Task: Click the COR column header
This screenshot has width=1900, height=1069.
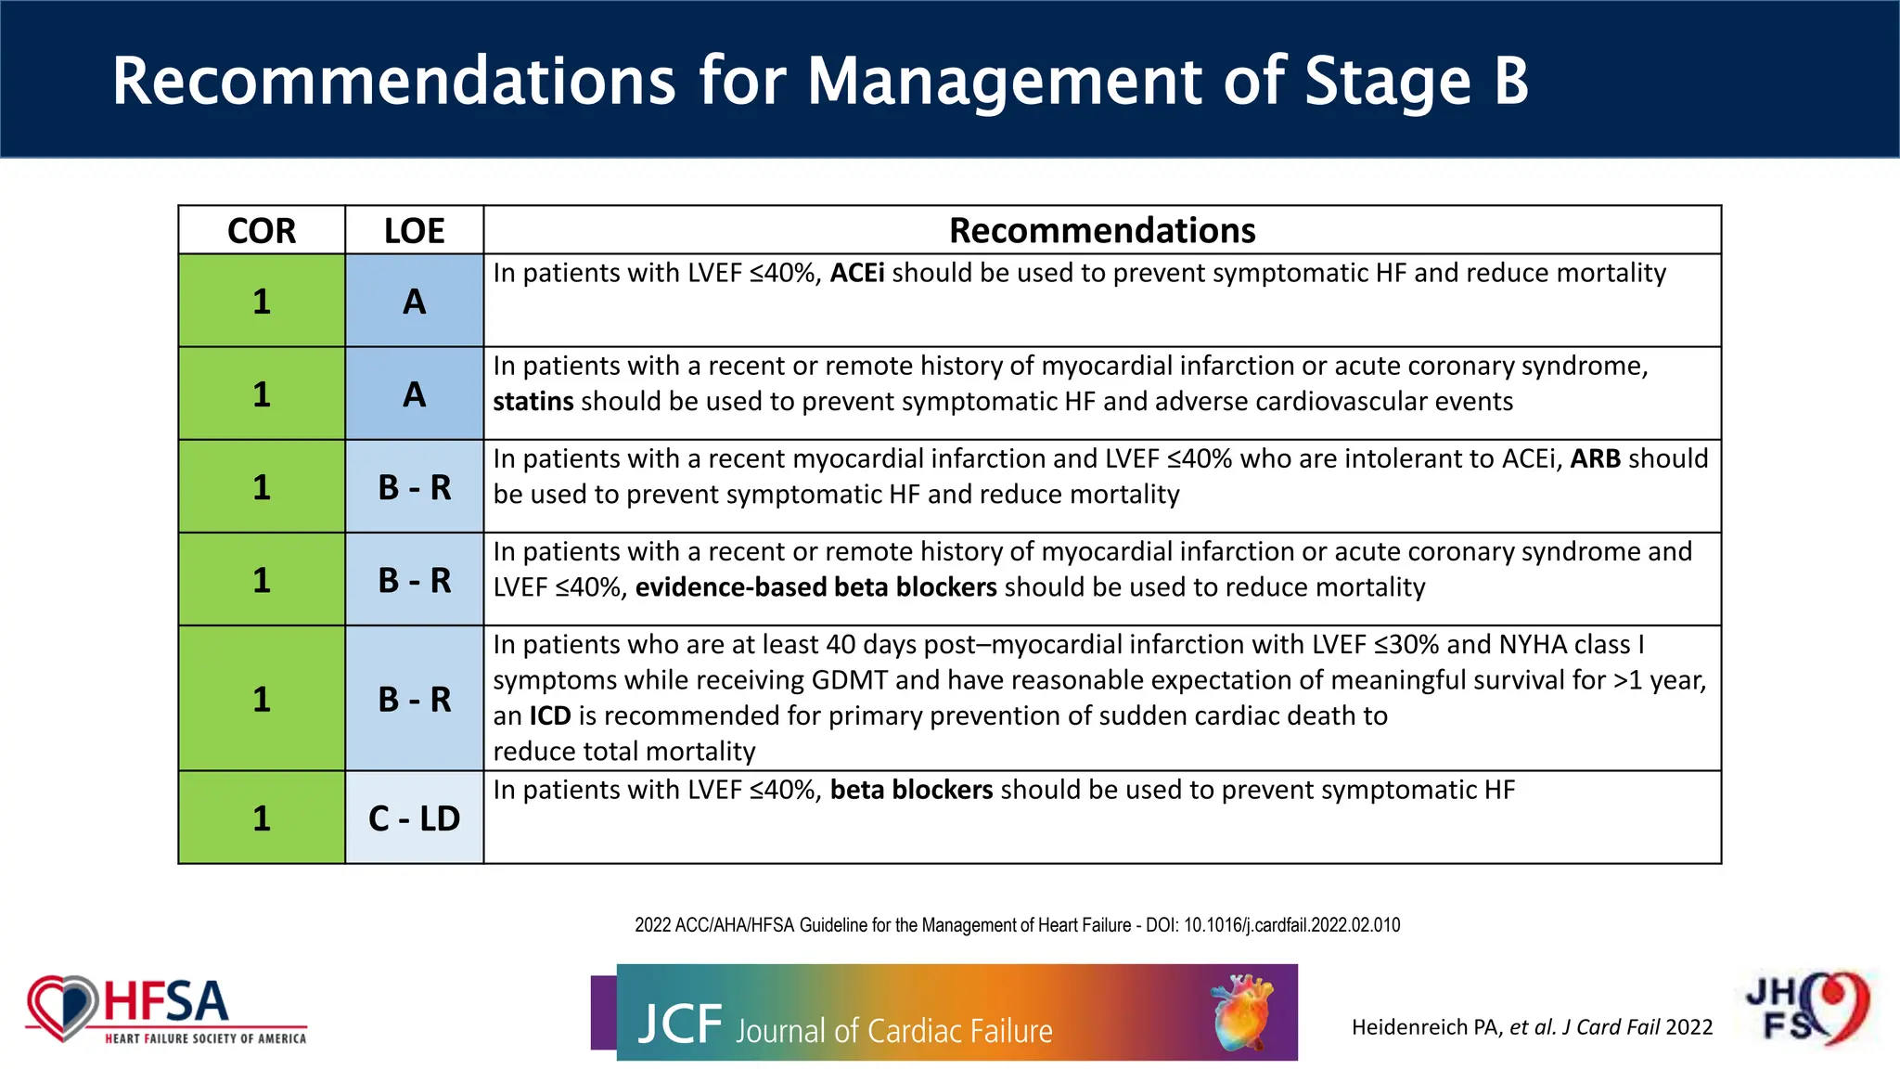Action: (x=262, y=230)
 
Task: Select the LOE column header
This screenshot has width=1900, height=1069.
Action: (x=414, y=230)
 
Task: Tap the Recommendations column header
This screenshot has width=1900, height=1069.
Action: (x=1101, y=230)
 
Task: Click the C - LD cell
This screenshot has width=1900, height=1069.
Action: (x=414, y=818)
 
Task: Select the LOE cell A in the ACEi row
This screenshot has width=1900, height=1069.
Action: (x=414, y=302)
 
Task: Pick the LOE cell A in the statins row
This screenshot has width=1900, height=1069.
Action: (x=414, y=394)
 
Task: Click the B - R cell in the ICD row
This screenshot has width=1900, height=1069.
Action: (x=414, y=699)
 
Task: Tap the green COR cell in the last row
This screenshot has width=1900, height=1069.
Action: (x=262, y=818)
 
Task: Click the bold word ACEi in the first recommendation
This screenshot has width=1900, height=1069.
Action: (x=856, y=273)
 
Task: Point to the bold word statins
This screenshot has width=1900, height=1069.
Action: (x=533, y=402)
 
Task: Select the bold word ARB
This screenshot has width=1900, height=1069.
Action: (x=1595, y=458)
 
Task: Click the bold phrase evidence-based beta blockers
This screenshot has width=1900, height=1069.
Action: (x=815, y=587)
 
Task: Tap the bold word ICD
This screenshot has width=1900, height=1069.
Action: (x=549, y=715)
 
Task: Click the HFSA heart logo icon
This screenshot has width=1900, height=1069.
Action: (x=61, y=1008)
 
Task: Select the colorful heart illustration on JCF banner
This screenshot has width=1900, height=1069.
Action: (x=1242, y=1011)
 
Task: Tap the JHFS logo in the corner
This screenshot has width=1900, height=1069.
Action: (x=1808, y=1009)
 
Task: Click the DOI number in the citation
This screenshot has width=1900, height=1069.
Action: (x=1291, y=925)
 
